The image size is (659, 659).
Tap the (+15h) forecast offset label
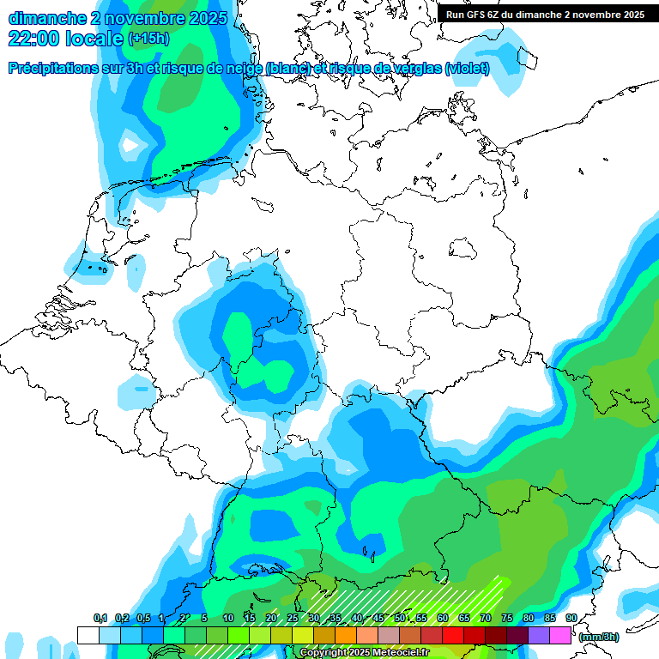point(148,39)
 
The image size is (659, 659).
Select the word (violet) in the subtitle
point(467,68)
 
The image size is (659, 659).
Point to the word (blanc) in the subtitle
point(287,68)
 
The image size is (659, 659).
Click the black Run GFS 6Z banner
point(546,14)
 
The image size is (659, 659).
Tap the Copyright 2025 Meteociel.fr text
point(364,653)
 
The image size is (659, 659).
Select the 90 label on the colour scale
point(571,619)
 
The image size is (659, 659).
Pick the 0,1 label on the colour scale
point(100,619)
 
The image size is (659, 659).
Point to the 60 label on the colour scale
point(443,619)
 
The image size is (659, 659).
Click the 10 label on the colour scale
point(228,619)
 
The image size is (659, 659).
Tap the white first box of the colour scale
point(88,635)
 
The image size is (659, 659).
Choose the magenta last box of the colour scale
point(560,635)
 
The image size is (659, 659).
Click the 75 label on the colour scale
point(507,619)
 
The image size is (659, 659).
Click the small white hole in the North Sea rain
point(131,145)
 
